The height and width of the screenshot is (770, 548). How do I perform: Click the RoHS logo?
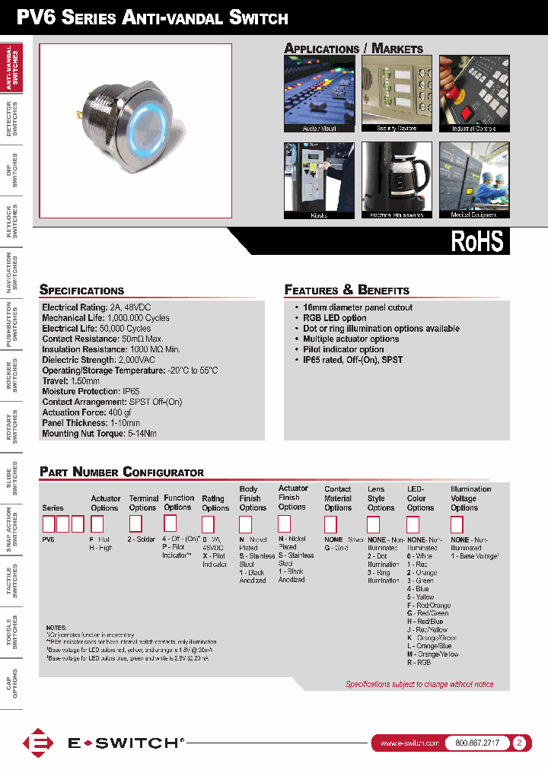pos(477,240)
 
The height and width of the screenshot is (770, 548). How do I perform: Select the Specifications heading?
pos(81,290)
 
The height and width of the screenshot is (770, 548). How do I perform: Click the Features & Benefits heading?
pos(346,290)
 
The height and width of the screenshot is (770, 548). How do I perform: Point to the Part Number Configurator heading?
pos(122,472)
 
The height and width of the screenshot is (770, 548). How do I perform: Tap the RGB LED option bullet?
pos(334,318)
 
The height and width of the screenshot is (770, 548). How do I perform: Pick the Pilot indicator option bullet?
pos(343,349)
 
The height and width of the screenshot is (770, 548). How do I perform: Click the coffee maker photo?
pos(397,177)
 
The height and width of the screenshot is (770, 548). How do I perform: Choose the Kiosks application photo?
pos(319,177)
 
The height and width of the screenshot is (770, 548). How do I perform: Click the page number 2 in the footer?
pos(519,743)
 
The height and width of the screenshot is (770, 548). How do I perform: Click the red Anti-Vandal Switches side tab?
pos(11,68)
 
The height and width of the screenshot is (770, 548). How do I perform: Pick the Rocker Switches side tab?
pos(11,375)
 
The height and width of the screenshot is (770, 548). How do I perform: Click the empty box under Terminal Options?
pos(135,523)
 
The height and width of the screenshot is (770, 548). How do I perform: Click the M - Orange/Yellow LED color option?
pos(432,654)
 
